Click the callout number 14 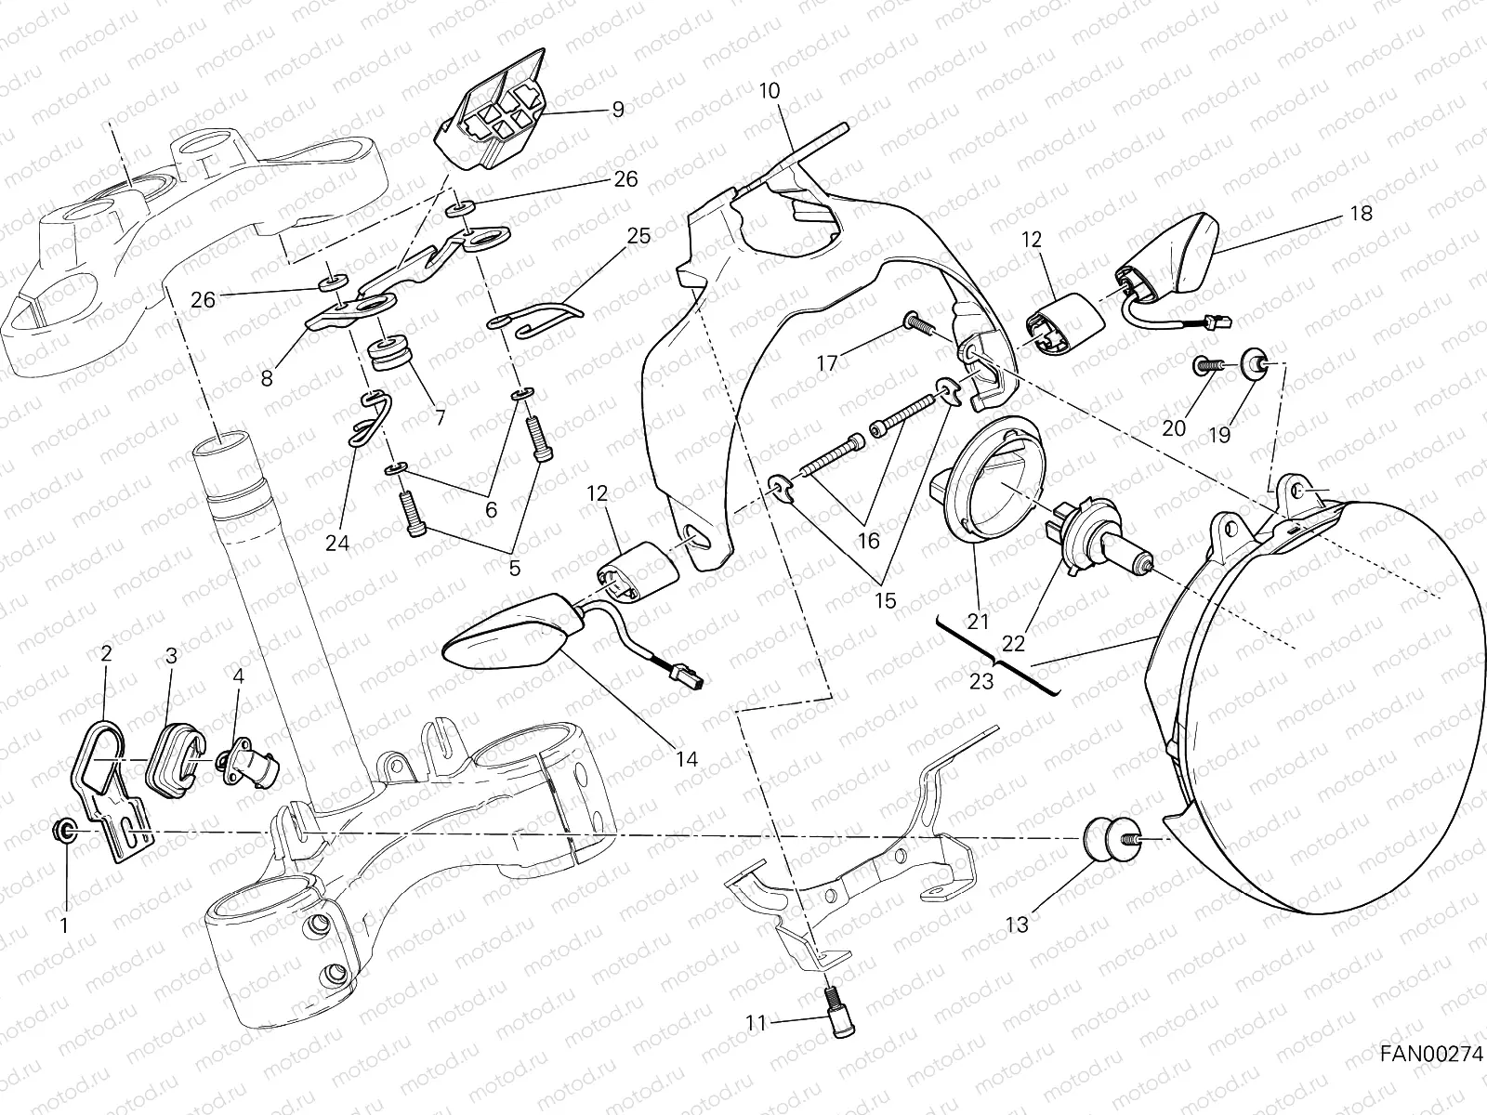click(x=686, y=758)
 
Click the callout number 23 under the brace click(x=981, y=681)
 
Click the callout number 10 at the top click(x=770, y=91)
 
